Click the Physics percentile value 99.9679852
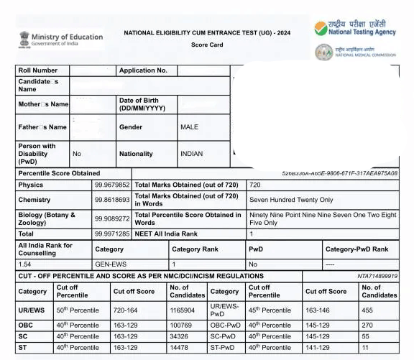point(112,185)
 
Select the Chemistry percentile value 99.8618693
point(112,200)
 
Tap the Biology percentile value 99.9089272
point(112,218)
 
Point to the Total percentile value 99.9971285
point(112,234)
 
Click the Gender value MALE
point(189,127)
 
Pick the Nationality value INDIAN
point(192,154)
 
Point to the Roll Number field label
point(37,70)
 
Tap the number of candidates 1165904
point(182,310)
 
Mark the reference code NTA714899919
point(377,276)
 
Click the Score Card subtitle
point(207,45)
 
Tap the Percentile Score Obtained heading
point(59,173)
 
